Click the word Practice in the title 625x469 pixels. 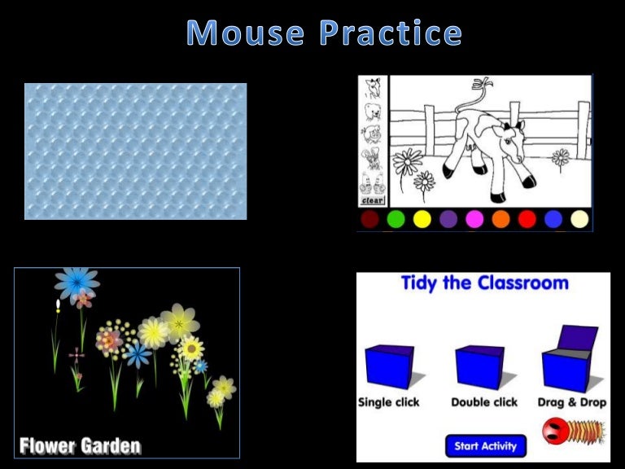391,33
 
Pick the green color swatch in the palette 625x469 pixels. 396,219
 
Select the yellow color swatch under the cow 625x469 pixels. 422,219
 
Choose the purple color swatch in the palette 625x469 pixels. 448,219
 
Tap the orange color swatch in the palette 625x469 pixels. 500,219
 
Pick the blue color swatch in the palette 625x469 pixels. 553,219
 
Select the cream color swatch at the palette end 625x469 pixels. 579,219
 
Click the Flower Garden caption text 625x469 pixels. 80,446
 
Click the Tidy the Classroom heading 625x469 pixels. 484,284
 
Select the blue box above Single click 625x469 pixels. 390,367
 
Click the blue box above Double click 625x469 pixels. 480,367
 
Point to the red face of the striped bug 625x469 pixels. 555,429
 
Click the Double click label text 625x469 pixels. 484,402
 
